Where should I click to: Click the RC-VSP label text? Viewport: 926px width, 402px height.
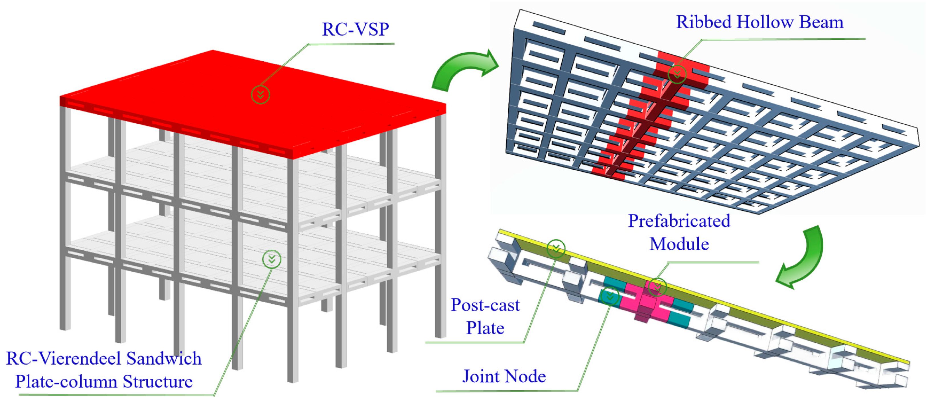coord(355,29)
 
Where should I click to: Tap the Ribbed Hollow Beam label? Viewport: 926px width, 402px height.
coord(760,22)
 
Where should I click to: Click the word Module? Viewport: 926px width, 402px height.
coord(679,244)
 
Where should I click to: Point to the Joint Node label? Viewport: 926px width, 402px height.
coord(504,376)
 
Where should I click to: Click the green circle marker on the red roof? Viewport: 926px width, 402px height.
coord(260,95)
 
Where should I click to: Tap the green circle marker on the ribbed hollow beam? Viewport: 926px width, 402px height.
coord(677,74)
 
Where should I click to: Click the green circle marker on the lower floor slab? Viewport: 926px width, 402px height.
coord(272,259)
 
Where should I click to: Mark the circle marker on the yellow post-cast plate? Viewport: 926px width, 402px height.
coord(556,248)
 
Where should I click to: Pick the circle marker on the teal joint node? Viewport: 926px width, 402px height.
coord(610,296)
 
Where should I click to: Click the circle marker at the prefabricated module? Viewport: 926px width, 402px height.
coord(657,287)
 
